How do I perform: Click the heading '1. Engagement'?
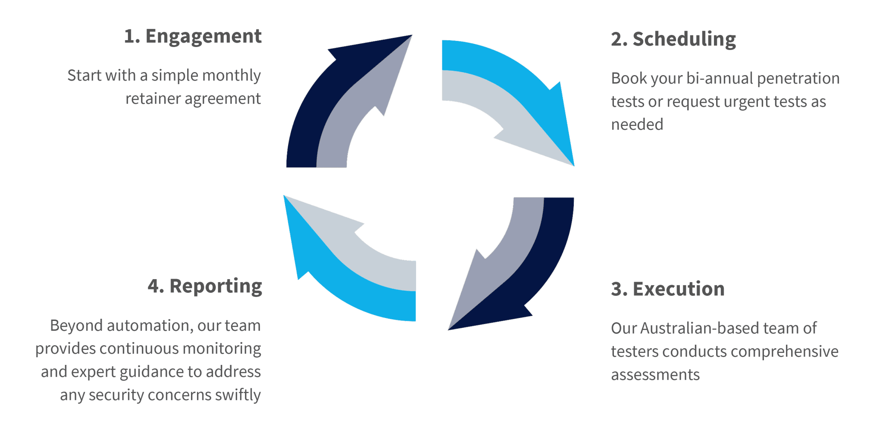pyautogui.click(x=193, y=37)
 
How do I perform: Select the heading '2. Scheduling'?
pyautogui.click(x=673, y=39)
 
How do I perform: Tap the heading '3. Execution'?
pyautogui.click(x=668, y=289)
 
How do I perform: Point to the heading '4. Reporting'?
pyautogui.click(x=205, y=286)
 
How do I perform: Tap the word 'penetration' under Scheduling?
pyautogui.click(x=798, y=79)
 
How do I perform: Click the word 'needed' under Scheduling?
pyautogui.click(x=637, y=125)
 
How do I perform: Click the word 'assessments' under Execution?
pyautogui.click(x=655, y=375)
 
